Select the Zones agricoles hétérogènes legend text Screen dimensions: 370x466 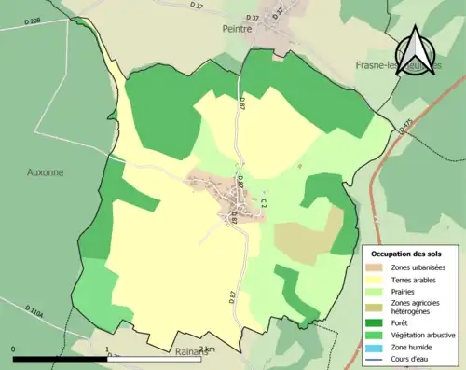point(417,306)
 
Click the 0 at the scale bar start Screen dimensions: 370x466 point(14,349)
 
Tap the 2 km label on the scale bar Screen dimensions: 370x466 point(207,349)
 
